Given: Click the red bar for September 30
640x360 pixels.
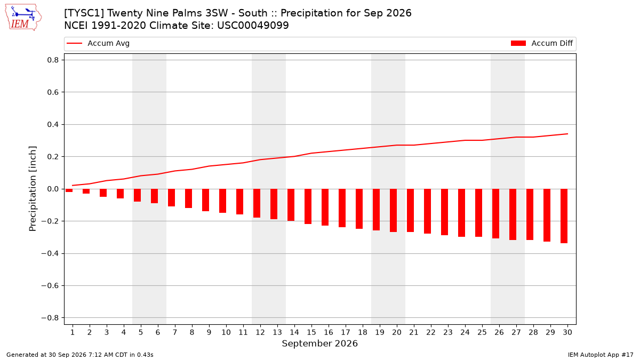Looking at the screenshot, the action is (564, 216).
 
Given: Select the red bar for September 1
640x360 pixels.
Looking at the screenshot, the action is (69, 190).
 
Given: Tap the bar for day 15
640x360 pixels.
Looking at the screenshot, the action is (308, 206).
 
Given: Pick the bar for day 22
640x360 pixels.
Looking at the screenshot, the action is (427, 211).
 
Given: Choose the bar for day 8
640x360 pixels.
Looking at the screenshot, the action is (188, 198).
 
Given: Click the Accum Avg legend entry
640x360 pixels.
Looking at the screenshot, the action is (98, 43).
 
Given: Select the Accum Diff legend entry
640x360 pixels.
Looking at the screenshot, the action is (542, 43).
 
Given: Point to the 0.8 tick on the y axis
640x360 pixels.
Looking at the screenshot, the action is (53, 60).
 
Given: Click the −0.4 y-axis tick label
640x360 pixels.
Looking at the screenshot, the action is (50, 253).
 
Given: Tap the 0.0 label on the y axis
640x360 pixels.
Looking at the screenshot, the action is (53, 189).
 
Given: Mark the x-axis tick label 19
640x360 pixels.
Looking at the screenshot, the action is (379, 332).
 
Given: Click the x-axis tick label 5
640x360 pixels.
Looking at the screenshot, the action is (141, 332).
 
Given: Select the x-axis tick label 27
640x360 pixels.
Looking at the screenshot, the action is (516, 332).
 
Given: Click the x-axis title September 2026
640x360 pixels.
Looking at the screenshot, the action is (319, 343).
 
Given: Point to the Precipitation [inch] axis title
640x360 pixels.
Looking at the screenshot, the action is (33, 189).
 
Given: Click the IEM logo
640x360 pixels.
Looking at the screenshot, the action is (23, 18).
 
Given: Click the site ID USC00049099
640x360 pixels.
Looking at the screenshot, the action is (253, 26).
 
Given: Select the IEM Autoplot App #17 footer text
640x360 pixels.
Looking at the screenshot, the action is (601, 355).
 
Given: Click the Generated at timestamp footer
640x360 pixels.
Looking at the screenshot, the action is (79, 355).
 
